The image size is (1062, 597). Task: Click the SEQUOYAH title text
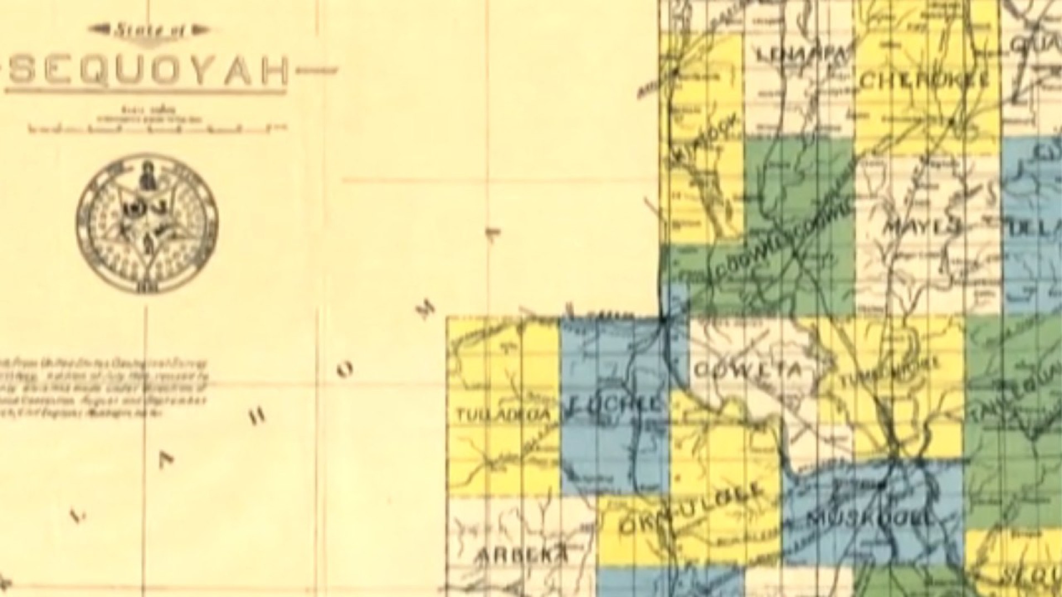click(x=148, y=70)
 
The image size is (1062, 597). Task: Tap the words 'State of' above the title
click(x=148, y=30)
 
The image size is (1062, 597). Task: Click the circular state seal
click(x=147, y=223)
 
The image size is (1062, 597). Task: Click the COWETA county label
click(x=746, y=370)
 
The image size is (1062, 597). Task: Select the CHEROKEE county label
click(x=924, y=81)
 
